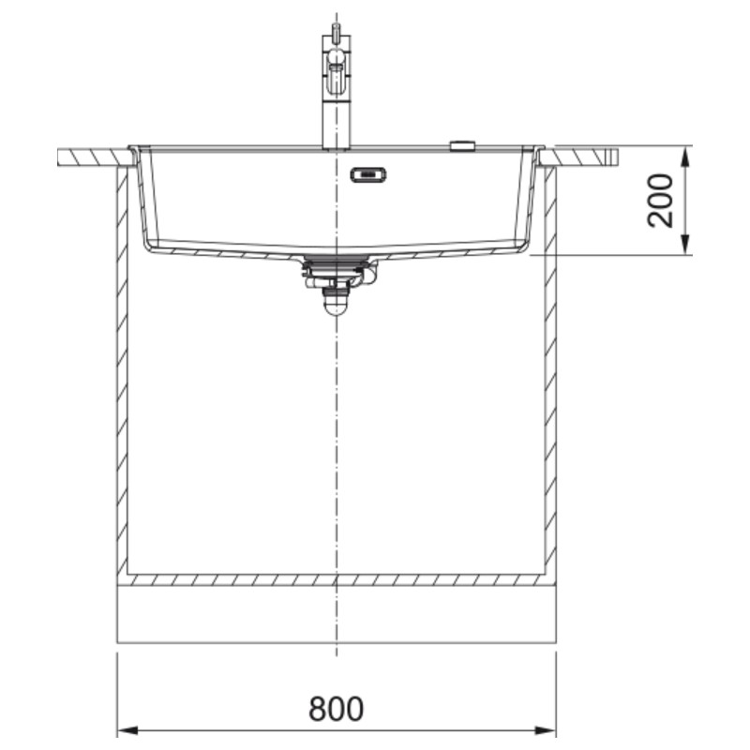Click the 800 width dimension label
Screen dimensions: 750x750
337,709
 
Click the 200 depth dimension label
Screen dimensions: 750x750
660,201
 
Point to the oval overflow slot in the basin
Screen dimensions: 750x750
367,174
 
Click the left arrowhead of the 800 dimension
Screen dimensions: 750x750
127,731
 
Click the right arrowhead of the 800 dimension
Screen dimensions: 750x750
546,731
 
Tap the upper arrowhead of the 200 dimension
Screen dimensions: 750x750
685,156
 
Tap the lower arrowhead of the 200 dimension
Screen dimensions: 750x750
685,244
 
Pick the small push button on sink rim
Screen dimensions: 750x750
462,145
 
